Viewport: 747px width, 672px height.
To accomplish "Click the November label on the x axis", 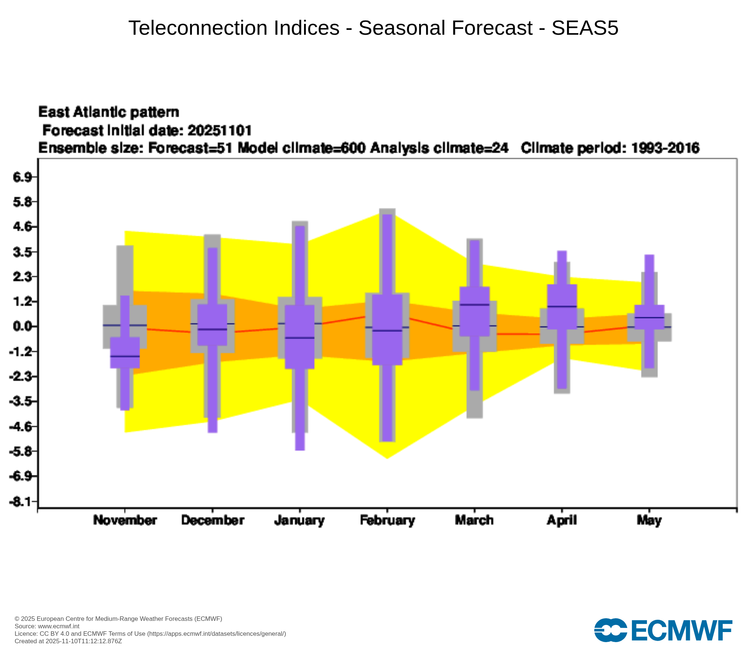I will click(x=125, y=520).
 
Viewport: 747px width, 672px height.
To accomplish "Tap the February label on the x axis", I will click(x=387, y=520).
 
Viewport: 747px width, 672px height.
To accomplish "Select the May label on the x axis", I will click(x=649, y=520).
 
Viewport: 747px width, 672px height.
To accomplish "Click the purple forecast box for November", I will click(x=125, y=352).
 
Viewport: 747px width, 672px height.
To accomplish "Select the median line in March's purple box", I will click(x=474, y=305).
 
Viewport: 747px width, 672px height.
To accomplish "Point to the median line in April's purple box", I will click(x=562, y=307).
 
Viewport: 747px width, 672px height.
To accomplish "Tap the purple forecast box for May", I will click(x=649, y=317).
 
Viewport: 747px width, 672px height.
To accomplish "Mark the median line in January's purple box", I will click(x=300, y=337).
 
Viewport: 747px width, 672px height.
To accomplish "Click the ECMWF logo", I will click(x=663, y=630).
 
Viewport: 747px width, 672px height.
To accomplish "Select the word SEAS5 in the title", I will click(x=585, y=28).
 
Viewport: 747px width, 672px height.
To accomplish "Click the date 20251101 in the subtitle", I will click(x=220, y=130).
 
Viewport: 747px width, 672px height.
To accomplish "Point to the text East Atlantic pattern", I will click(x=109, y=112).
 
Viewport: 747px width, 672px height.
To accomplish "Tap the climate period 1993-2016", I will click(x=665, y=148).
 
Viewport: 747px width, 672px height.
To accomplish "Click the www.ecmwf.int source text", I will click(x=59, y=626).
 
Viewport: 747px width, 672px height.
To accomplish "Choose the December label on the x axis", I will click(x=213, y=520).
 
